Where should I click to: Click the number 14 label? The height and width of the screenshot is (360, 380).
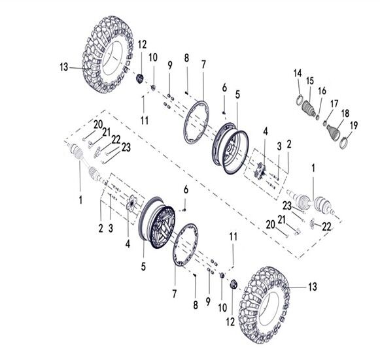pyautogui.click(x=298, y=73)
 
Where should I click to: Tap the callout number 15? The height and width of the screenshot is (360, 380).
pyautogui.click(x=310, y=81)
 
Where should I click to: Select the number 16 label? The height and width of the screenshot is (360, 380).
pyautogui.click(x=322, y=91)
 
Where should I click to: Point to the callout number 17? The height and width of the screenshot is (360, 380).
pyautogui.click(x=334, y=105)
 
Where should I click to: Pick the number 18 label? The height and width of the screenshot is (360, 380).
pyautogui.click(x=345, y=113)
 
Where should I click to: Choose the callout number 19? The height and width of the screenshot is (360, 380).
pyautogui.click(x=354, y=125)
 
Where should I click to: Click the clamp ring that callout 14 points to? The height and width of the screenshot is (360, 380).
pyautogui.click(x=300, y=100)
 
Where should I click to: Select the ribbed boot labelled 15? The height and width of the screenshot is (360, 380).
pyautogui.click(x=309, y=108)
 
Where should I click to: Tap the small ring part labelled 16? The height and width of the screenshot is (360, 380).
pyautogui.click(x=318, y=117)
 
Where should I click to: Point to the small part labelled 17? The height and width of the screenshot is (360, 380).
pyautogui.click(x=326, y=123)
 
